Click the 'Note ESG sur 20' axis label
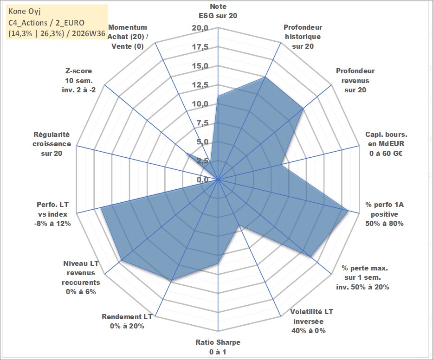coord(218,11)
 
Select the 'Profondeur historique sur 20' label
coord(303,37)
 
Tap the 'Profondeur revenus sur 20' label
coord(355,80)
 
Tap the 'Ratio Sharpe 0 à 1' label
coord(218,347)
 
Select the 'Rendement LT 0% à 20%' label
coord(127,321)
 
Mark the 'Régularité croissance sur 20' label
coord(52,144)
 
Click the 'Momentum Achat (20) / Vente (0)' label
coord(127,37)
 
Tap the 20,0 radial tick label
coord(200,28)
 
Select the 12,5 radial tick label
coord(200,85)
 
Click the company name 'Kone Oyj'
coord(25,11)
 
